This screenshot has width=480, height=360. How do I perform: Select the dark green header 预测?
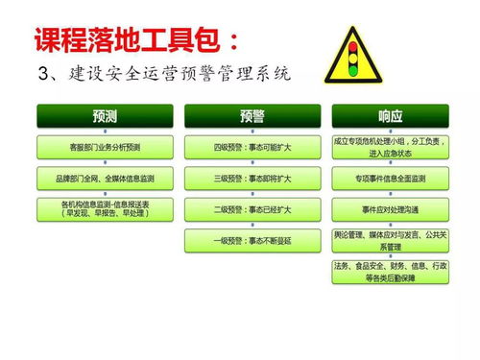[105, 116]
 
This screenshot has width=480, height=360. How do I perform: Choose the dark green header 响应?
[391, 116]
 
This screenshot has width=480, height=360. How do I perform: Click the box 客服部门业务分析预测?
[105, 148]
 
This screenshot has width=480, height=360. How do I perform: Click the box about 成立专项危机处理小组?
[391, 146]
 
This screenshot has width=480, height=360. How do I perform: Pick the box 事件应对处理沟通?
[391, 208]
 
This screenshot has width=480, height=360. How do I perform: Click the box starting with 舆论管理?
[391, 239]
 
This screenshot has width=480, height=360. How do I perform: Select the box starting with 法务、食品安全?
[391, 272]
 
